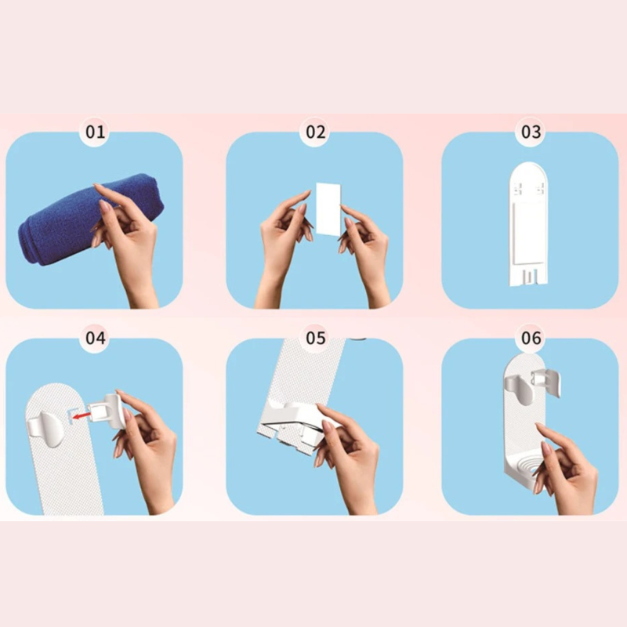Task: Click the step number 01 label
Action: pyautogui.click(x=95, y=132)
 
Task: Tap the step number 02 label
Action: pyautogui.click(x=316, y=132)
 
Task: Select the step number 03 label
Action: pyautogui.click(x=531, y=132)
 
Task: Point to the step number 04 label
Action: pyautogui.click(x=95, y=338)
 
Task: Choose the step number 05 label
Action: pyautogui.click(x=316, y=338)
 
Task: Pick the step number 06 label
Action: pyautogui.click(x=531, y=338)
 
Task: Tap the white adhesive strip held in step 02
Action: pyautogui.click(x=328, y=209)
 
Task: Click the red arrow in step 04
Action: pyautogui.click(x=82, y=417)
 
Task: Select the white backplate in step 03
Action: pyautogui.click(x=527, y=224)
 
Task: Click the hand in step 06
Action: pyautogui.click(x=567, y=468)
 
